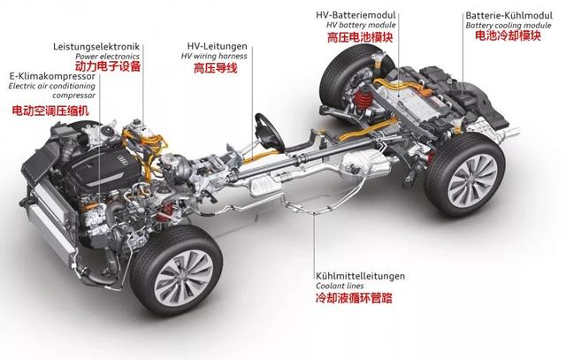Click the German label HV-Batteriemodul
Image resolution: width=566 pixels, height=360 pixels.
click(363, 16)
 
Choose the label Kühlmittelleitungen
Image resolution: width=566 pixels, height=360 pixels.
click(359, 275)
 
